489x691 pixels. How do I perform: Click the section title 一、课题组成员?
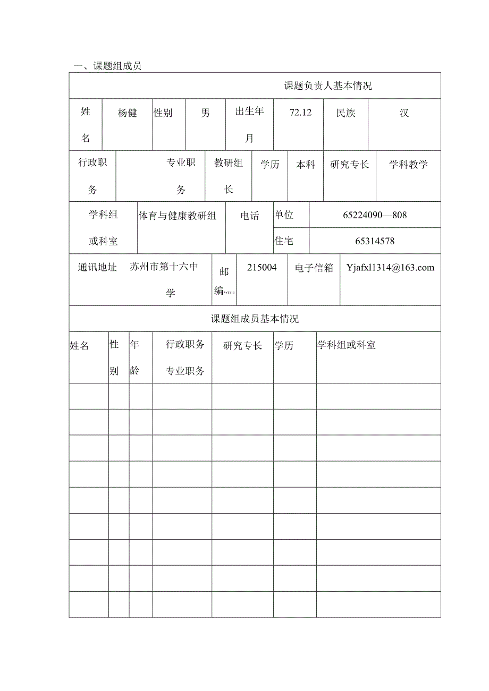click(107, 66)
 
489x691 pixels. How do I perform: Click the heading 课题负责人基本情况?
click(328, 86)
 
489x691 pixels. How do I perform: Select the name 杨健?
click(128, 113)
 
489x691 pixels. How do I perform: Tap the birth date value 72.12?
click(300, 112)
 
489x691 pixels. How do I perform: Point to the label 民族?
click(346, 113)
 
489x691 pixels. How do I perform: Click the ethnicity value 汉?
click(404, 113)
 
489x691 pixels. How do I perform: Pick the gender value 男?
click(206, 113)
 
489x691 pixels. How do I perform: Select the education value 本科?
click(306, 165)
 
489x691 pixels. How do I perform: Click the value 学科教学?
click(408, 165)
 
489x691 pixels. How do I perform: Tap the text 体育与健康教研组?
click(178, 216)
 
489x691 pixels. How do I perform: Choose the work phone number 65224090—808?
click(375, 215)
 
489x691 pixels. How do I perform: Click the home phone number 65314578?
click(375, 241)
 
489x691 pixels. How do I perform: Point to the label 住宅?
click(284, 241)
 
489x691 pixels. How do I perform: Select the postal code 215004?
click(262, 268)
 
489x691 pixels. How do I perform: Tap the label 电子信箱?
click(314, 268)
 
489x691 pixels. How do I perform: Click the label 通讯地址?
click(97, 267)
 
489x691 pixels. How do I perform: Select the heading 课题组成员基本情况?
click(255, 319)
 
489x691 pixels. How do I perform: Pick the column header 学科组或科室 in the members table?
click(347, 345)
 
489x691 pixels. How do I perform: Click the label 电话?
click(250, 216)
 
